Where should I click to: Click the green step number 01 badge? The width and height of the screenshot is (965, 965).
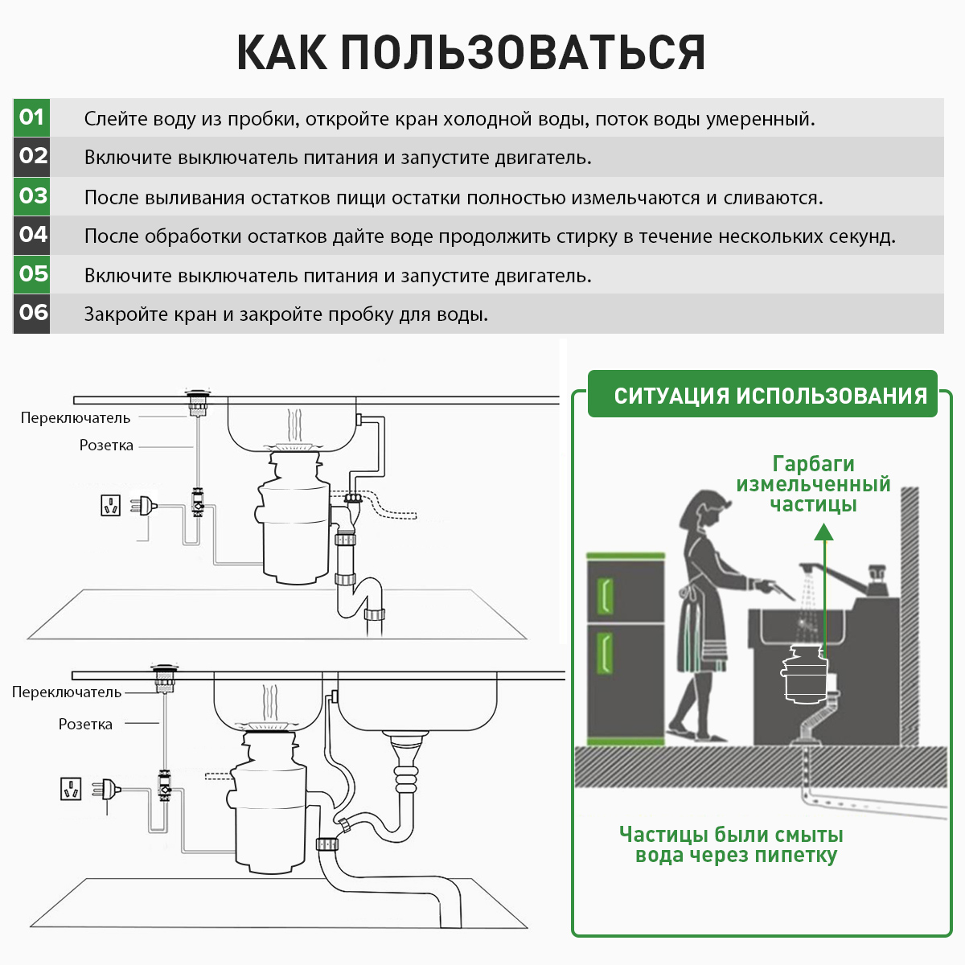pos(31,117)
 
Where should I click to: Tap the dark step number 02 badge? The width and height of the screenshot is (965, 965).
pos(31,156)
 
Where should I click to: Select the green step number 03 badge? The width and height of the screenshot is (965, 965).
pos(31,196)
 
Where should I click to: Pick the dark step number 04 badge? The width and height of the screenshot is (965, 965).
pos(31,235)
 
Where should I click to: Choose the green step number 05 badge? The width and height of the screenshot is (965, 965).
pos(31,274)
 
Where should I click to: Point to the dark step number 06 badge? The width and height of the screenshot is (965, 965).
pos(31,313)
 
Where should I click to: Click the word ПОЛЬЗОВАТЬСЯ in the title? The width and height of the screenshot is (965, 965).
pos(523,53)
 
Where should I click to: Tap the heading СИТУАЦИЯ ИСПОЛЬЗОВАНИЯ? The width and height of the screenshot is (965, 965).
pos(770,396)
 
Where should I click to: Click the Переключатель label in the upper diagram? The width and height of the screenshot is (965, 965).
pos(76,418)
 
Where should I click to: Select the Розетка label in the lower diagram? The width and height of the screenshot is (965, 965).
pos(85,725)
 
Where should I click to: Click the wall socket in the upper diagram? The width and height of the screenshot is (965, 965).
pos(110,505)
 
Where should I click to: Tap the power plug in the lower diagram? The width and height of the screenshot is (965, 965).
pos(108,790)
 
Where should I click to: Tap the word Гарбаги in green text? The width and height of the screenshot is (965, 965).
pos(813,464)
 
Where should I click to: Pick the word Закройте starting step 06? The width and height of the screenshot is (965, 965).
pos(117,314)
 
